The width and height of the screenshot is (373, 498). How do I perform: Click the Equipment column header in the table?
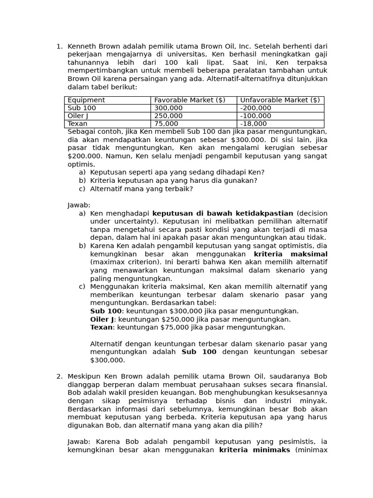point(86,100)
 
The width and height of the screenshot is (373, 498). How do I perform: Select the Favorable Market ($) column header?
point(189,100)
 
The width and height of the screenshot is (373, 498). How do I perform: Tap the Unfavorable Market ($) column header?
point(280,100)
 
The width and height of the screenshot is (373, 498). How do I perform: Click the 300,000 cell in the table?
point(168,108)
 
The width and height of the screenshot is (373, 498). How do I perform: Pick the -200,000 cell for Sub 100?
point(255,108)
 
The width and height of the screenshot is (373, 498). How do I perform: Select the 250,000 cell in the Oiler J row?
point(168,116)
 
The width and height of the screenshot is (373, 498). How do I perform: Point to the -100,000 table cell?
point(255,116)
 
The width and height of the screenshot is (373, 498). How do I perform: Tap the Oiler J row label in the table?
point(78,116)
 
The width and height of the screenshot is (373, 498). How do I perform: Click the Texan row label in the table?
point(77,124)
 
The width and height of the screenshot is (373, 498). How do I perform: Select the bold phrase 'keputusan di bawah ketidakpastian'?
point(222,213)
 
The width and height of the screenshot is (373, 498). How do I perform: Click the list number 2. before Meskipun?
point(59,376)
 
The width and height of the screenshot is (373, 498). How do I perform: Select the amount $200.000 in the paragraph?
point(85,156)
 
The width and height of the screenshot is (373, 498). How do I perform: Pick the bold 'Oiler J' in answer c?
point(102,320)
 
